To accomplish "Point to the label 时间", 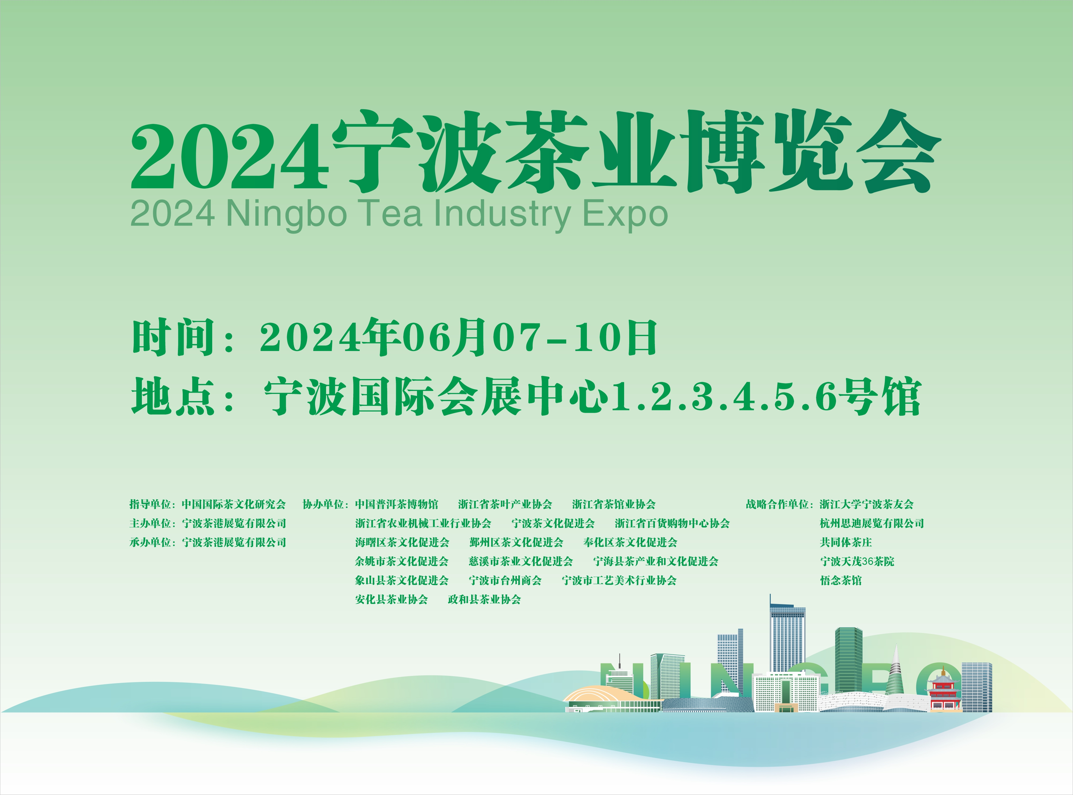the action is click(x=173, y=337).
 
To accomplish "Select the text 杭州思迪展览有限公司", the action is click(x=872, y=523).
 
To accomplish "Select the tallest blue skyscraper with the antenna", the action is click(x=787, y=635).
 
